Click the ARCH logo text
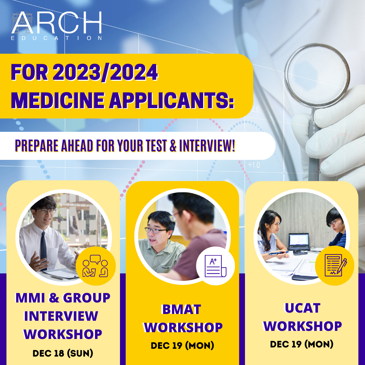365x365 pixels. pos(57,23)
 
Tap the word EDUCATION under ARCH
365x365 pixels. pos(56,38)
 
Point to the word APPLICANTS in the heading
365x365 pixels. pos(172,100)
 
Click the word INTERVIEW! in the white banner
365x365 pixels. pos(207,146)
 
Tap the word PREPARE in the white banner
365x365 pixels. pos(36,146)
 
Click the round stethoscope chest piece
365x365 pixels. pos(317,75)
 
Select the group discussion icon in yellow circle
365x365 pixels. pos(95,266)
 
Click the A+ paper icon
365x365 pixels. pos(215,266)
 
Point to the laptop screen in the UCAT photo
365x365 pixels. pos(299,241)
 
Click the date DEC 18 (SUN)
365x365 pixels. pos(63,353)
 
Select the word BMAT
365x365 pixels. pos(181,309)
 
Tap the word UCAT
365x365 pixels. pos(302,308)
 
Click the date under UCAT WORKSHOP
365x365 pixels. pos(302,344)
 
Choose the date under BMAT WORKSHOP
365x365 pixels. pos(182,345)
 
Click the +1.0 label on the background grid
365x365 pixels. pos(254,165)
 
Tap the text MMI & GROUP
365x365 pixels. pos(63,297)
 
